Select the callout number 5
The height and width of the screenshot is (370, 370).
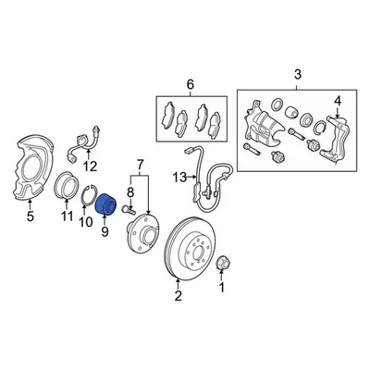point(31,219)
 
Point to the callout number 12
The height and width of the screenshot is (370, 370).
point(90,166)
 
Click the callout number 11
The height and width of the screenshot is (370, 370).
point(67,217)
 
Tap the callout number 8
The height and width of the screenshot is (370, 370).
point(129,192)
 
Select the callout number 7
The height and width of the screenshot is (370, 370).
point(140,166)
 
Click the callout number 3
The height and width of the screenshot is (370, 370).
point(297,73)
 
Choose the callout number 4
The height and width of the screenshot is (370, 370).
point(338,100)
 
